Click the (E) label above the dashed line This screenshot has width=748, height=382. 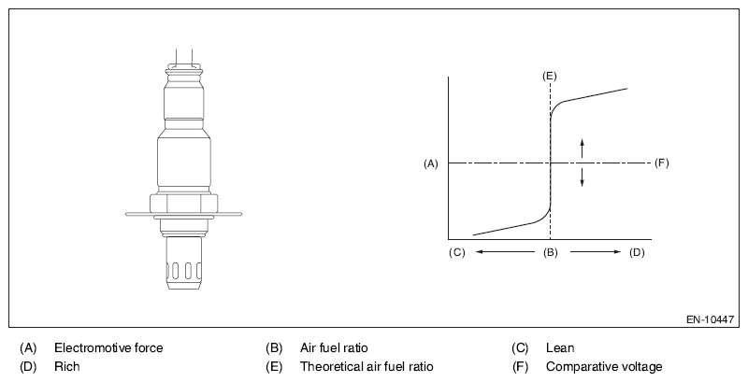click(x=550, y=77)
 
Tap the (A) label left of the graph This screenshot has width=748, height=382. click(x=431, y=163)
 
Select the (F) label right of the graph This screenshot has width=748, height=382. click(x=662, y=163)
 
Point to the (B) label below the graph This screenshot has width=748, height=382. click(x=551, y=252)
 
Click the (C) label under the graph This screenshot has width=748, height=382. click(x=456, y=252)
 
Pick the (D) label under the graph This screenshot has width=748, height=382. click(x=637, y=252)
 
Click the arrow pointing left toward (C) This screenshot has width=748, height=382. click(x=505, y=251)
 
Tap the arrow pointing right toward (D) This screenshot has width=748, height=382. click(x=596, y=251)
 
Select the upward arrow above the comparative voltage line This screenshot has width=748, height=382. click(x=582, y=149)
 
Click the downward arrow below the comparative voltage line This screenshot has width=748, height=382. click(x=582, y=177)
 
